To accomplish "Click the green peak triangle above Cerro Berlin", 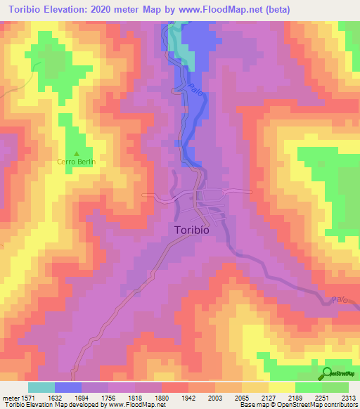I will (x=77, y=153).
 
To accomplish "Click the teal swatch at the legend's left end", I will (x=41, y=387).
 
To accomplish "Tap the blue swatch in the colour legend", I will (x=68, y=387).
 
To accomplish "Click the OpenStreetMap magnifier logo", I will (x=327, y=372).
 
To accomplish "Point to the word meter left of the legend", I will (x=11, y=397).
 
